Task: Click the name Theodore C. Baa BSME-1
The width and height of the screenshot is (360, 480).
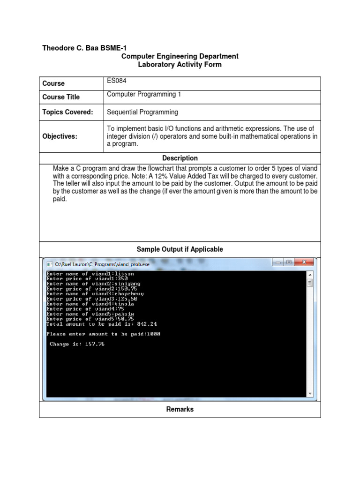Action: coord(84,48)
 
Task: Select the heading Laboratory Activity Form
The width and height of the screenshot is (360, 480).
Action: coord(180,65)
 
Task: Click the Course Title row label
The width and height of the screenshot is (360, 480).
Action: coord(61,97)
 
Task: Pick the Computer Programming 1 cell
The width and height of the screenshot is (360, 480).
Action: coord(144,94)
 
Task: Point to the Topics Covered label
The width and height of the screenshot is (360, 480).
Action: coord(67,112)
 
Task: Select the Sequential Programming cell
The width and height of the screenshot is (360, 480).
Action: coord(142,112)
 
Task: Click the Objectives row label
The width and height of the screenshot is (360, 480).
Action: coord(60,136)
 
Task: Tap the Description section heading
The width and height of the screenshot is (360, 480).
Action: coord(180,158)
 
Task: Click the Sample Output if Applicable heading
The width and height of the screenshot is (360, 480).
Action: coord(180,249)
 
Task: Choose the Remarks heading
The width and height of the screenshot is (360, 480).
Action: coord(180,409)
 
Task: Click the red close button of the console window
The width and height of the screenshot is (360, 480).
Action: coord(305,262)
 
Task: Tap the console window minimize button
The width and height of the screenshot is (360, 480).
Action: coord(279,262)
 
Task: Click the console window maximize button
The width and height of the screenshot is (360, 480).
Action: coord(290,262)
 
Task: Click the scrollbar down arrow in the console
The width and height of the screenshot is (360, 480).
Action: coord(310,393)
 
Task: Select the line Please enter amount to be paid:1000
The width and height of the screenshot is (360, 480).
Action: coord(103,334)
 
